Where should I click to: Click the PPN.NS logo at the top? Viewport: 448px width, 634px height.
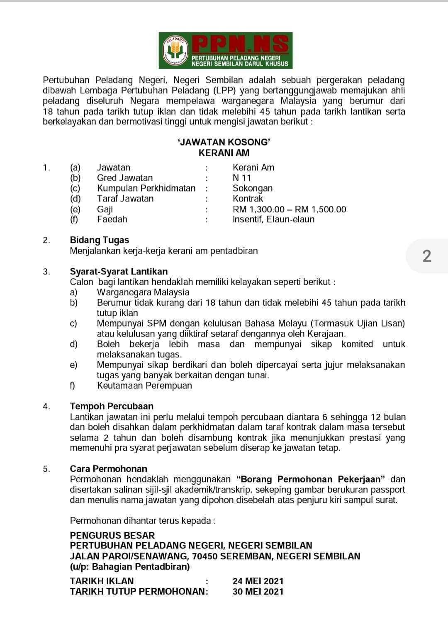click(225, 51)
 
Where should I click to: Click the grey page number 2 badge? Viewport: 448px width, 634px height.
click(427, 256)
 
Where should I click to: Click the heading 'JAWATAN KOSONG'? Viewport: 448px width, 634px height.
click(224, 142)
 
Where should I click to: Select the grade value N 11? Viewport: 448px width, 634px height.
click(242, 178)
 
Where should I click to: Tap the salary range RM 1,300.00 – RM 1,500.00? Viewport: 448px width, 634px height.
click(289, 209)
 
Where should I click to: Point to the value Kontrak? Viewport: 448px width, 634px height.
click(248, 199)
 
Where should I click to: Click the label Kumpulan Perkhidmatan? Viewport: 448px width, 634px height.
click(146, 188)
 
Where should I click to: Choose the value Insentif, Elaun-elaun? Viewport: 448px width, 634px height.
click(273, 219)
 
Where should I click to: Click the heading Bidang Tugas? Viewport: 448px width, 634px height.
click(99, 240)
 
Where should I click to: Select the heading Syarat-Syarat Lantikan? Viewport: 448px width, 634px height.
click(119, 272)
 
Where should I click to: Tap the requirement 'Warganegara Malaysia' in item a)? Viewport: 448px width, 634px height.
click(143, 292)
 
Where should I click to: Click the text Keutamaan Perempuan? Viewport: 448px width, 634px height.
click(144, 386)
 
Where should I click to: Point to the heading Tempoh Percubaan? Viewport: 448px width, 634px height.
click(112, 406)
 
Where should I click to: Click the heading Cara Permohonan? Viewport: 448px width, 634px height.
click(108, 469)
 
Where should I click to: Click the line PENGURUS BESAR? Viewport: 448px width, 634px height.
click(112, 535)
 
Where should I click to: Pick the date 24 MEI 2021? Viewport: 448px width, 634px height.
click(258, 581)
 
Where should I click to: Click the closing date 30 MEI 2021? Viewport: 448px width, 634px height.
click(258, 592)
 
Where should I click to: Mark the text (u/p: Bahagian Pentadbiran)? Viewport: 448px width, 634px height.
click(130, 567)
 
